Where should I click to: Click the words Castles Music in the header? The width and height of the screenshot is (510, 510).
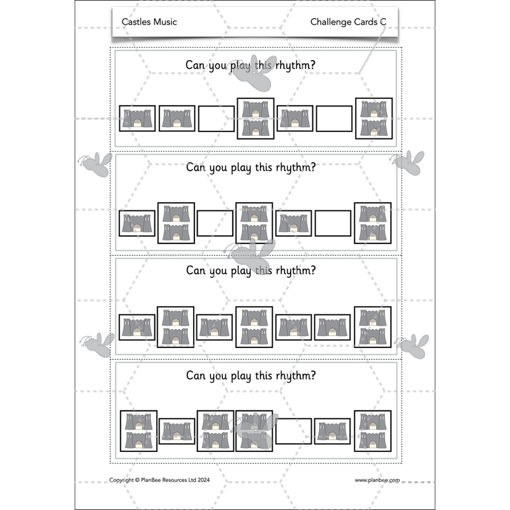pos(149,22)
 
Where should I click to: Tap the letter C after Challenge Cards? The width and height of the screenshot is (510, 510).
pos(383,22)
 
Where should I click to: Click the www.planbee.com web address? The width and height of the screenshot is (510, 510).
pos(377,480)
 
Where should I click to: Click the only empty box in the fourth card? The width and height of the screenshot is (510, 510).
pos(294,431)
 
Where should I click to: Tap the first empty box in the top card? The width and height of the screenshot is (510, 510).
pos(216,119)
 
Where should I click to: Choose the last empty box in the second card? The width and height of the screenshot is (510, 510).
pos(333,223)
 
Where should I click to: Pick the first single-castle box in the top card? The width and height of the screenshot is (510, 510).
pos(138,119)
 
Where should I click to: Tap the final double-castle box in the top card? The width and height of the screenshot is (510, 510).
pos(374,118)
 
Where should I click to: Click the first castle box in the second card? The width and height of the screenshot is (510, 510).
pos(138,223)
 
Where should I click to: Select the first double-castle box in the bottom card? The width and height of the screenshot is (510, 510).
pos(138,431)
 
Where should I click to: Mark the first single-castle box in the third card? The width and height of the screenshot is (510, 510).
pos(138,327)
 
